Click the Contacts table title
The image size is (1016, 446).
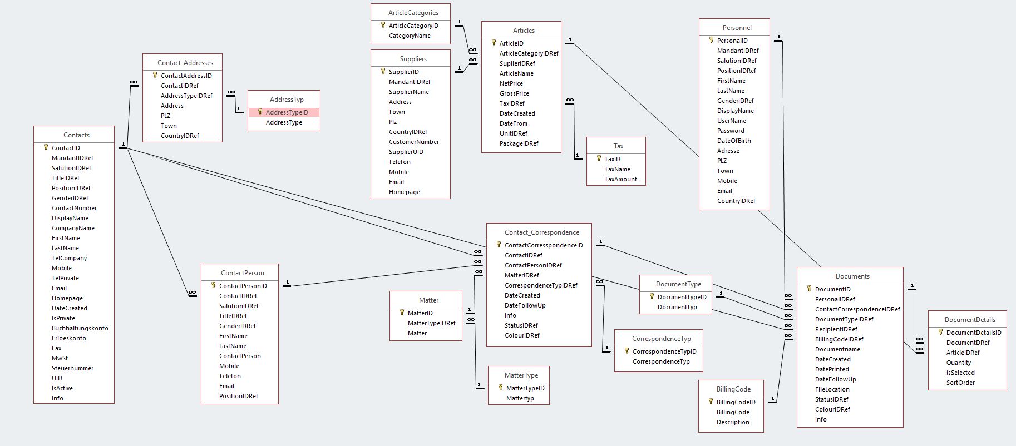[x=76, y=135]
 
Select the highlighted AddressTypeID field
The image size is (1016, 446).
[x=287, y=112]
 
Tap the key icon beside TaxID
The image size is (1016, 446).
[x=599, y=158]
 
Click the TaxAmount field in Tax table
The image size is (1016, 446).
[x=620, y=179]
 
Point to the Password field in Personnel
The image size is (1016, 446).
[x=730, y=131]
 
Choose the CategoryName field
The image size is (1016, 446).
[x=410, y=36]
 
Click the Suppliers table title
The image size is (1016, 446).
[x=413, y=59]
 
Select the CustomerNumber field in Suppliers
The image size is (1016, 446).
[x=413, y=142]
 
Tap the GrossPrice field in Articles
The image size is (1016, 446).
[x=514, y=93]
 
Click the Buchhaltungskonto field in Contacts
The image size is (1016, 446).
[x=80, y=328]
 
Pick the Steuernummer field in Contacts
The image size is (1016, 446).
[x=72, y=368]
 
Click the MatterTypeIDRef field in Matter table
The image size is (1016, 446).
[x=431, y=323]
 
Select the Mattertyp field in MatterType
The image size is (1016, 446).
[x=520, y=398]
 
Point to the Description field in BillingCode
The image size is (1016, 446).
[x=733, y=422]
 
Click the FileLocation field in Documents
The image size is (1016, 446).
[x=832, y=389]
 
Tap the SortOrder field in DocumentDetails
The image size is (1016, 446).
[x=960, y=383]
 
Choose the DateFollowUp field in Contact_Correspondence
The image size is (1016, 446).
[x=525, y=305]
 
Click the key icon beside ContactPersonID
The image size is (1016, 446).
[x=213, y=285]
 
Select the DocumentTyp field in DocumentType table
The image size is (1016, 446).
[x=677, y=307]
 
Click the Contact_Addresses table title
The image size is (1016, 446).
[x=185, y=63]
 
